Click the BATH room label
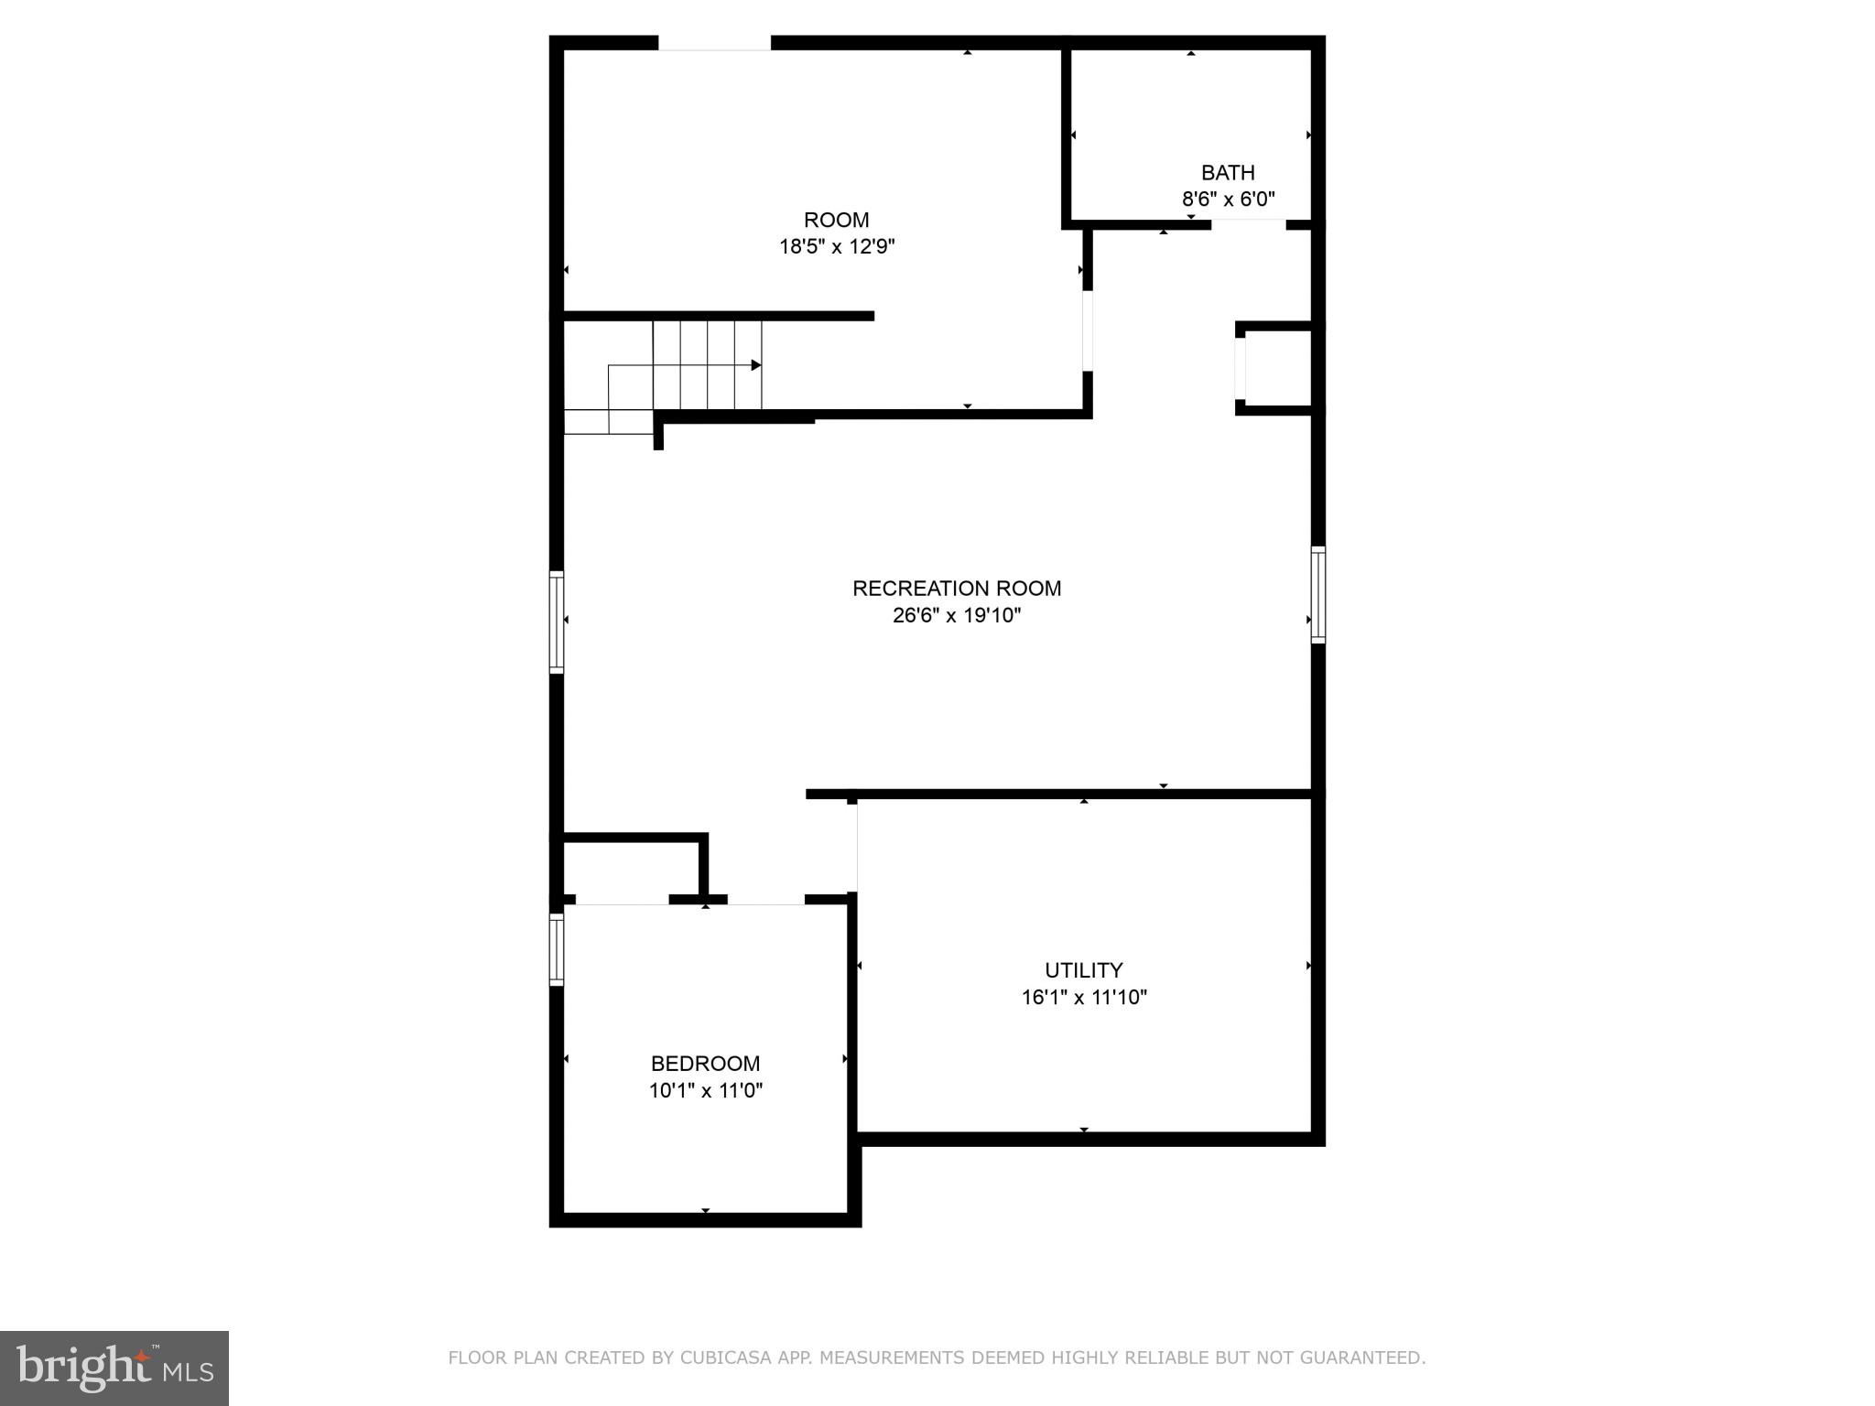pyautogui.click(x=1227, y=172)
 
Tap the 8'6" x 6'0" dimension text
pyautogui.click(x=1228, y=199)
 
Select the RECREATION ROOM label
pyautogui.click(x=957, y=589)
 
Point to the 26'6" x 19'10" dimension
pyautogui.click(x=957, y=615)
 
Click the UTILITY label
pyautogui.click(x=1083, y=970)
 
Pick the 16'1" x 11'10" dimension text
pyautogui.click(x=1084, y=997)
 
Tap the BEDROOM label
pyautogui.click(x=705, y=1064)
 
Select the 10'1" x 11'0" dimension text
pyautogui.click(x=706, y=1090)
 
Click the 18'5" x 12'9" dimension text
pyautogui.click(x=836, y=246)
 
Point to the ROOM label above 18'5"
pyautogui.click(x=836, y=220)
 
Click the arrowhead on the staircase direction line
pyautogui.click(x=756, y=365)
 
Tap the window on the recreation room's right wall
pyautogui.click(x=1317, y=595)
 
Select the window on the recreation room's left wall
pyautogui.click(x=557, y=622)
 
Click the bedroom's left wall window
pyautogui.click(x=557, y=949)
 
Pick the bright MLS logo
pyautogui.click(x=114, y=1368)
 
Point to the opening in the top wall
pyautogui.click(x=714, y=43)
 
